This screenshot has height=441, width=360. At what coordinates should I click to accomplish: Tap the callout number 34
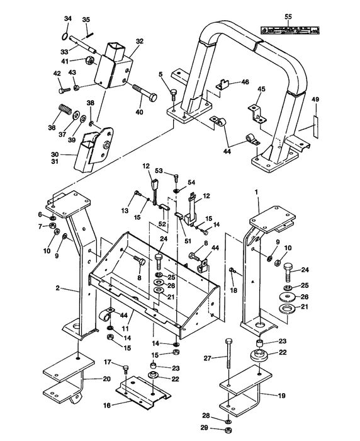pos(68,18)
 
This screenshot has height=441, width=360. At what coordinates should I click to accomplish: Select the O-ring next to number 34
pos(68,28)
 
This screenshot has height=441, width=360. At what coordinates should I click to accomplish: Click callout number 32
pos(139,41)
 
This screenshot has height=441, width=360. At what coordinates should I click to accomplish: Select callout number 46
pos(245,82)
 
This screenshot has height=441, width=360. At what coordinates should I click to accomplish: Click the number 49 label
pos(315,100)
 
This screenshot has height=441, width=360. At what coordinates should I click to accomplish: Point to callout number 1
pos(256,190)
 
